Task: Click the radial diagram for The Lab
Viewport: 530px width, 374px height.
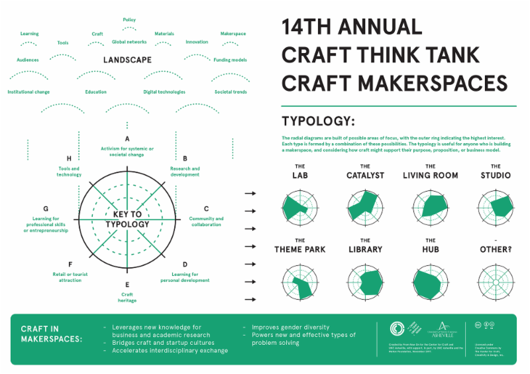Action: point(299,206)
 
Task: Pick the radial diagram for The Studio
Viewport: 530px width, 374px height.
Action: point(496,206)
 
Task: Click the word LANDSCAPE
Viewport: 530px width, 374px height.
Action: point(127,60)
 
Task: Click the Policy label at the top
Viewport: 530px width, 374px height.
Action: point(129,20)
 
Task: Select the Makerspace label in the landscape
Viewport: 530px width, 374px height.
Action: point(233,34)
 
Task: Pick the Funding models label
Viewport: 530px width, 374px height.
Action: point(230,60)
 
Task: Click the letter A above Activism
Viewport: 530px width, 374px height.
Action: point(127,139)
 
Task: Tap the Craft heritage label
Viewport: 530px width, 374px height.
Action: point(127,297)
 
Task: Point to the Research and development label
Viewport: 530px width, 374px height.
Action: point(185,172)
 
